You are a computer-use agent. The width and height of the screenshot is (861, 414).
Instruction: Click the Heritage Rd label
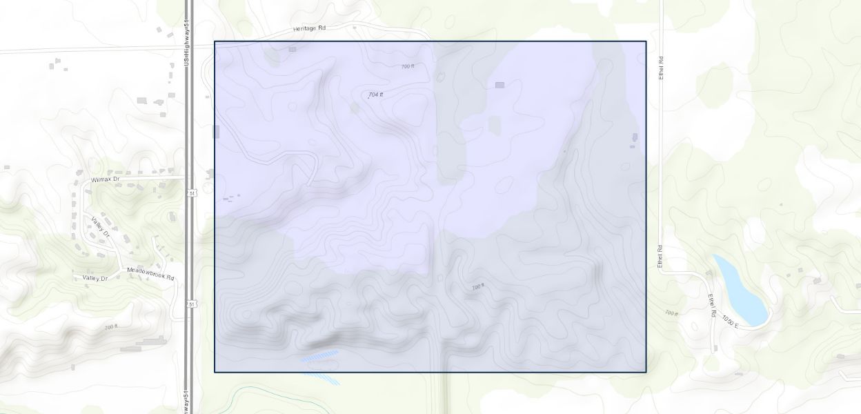(308, 28)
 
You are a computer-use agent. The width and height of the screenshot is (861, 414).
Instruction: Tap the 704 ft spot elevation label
(375, 95)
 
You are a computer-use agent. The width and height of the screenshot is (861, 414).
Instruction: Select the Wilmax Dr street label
(106, 179)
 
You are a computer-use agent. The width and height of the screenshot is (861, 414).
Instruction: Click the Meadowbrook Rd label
(151, 271)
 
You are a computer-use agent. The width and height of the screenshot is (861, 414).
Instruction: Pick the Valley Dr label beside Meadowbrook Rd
(95, 278)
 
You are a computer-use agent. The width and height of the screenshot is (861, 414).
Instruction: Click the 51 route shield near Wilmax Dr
(192, 194)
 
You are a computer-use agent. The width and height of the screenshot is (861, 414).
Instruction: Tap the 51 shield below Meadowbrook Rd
(192, 304)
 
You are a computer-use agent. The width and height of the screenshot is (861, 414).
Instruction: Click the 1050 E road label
(731, 321)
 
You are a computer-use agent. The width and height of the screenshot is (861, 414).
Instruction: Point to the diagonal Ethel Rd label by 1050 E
(713, 304)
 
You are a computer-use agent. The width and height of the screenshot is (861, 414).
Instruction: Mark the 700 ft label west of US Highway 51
(111, 326)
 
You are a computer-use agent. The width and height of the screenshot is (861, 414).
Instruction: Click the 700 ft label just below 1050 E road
(671, 313)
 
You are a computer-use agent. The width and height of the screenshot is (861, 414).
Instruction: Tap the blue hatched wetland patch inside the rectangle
(319, 355)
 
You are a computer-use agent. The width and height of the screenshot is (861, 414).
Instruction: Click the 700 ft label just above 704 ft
(408, 66)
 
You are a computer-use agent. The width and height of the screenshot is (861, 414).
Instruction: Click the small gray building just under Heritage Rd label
(293, 49)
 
